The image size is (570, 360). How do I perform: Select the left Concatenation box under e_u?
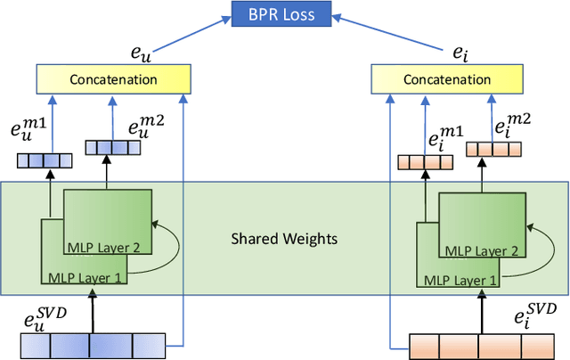114,80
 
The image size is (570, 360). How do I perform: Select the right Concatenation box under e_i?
443,80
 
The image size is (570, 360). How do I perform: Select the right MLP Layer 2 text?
482,250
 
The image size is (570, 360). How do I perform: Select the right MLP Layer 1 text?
458,278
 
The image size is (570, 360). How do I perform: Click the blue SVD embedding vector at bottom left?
93,344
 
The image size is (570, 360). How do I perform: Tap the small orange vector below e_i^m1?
424,162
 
